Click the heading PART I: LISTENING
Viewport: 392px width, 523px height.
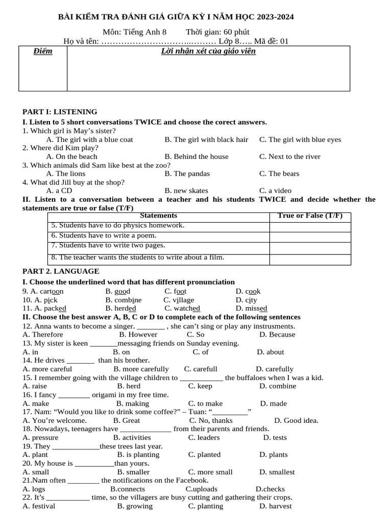(x=60, y=112)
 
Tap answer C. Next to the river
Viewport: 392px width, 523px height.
(x=289, y=157)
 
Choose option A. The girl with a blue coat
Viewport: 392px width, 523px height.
(x=89, y=139)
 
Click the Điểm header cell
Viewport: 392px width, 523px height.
(x=43, y=51)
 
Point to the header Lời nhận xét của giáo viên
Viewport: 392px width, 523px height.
(x=208, y=51)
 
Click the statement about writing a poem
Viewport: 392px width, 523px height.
(x=104, y=236)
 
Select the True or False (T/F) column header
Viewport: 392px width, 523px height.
(x=310, y=216)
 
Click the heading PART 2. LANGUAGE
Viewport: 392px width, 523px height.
(x=61, y=271)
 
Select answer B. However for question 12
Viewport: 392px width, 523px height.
(x=138, y=335)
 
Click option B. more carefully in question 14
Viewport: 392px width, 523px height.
(x=141, y=369)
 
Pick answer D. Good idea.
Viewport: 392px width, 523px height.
(x=296, y=421)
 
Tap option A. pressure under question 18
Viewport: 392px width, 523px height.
(x=40, y=438)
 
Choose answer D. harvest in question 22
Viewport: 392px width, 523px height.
(x=275, y=506)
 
